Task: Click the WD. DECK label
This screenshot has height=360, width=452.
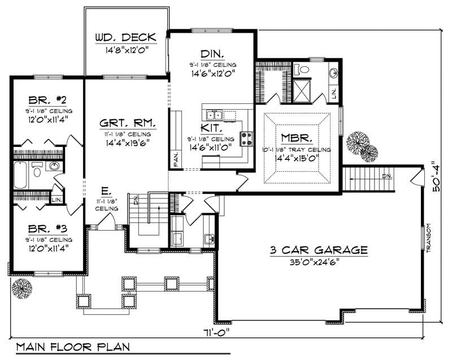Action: [x=127, y=38]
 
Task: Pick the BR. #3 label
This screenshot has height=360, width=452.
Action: [x=47, y=229]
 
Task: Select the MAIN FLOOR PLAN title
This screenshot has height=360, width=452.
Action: [x=73, y=346]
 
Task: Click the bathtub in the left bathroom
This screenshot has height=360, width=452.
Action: [x=20, y=175]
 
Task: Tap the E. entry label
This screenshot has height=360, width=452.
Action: [x=106, y=192]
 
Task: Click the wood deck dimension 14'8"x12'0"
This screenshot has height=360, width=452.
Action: [x=127, y=50]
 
